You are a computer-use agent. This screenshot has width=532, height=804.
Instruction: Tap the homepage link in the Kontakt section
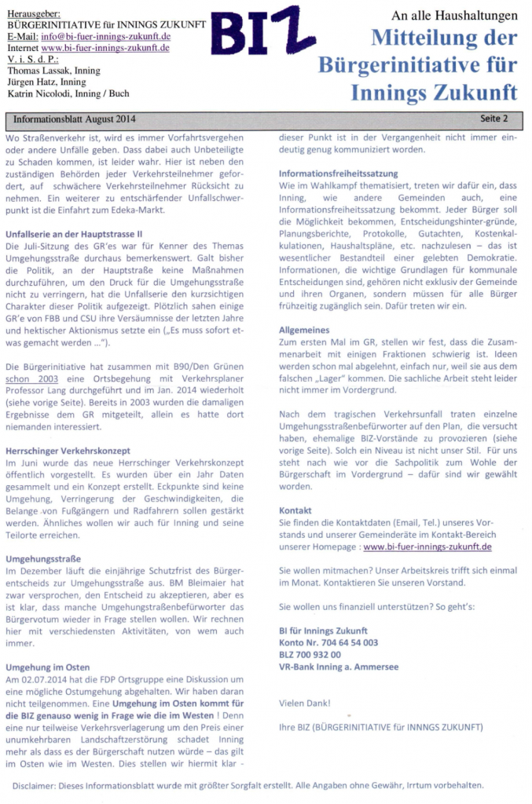click(x=427, y=546)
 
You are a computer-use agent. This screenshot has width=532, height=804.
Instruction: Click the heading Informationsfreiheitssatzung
click(x=338, y=173)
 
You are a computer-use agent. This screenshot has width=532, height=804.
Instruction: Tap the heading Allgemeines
click(x=304, y=331)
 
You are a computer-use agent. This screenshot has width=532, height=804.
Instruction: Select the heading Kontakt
click(x=295, y=509)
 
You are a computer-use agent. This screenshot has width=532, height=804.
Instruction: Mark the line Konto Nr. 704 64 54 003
click(x=328, y=642)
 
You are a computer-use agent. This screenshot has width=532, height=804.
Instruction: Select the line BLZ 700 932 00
click(x=310, y=654)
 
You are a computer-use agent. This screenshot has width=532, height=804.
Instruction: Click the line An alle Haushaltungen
click(x=454, y=16)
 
